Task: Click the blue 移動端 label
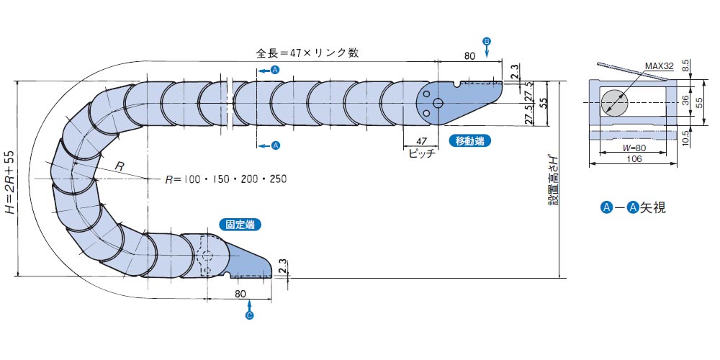tap(469, 141)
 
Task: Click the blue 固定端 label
tap(240, 225)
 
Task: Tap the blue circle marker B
tap(487, 41)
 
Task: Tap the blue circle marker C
tap(249, 316)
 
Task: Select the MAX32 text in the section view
tap(659, 66)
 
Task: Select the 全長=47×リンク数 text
tap(307, 53)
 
